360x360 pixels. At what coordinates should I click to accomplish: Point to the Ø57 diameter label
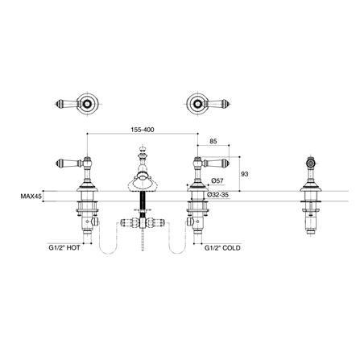point(216,182)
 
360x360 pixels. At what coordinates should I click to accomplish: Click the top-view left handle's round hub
point(87,104)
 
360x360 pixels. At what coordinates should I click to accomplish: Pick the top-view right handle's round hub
point(193,104)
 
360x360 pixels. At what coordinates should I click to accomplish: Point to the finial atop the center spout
point(142,152)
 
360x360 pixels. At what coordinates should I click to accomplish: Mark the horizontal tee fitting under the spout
point(142,220)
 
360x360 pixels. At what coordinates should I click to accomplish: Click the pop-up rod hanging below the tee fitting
point(142,242)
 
